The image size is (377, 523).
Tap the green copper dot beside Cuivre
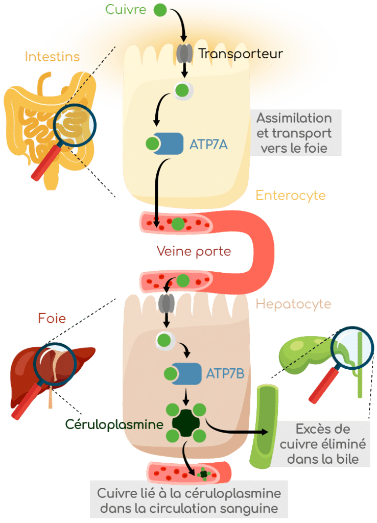coord(160,9)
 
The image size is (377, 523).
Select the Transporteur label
coord(240,53)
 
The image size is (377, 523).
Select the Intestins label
coord(53,56)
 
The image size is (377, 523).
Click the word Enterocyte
coord(290,195)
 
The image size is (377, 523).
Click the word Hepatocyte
coord(293,304)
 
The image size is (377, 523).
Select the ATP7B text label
coord(225,374)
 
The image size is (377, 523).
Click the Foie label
coord(52,318)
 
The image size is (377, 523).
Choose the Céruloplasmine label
coord(114,424)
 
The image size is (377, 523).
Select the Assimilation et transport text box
coord(293,133)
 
